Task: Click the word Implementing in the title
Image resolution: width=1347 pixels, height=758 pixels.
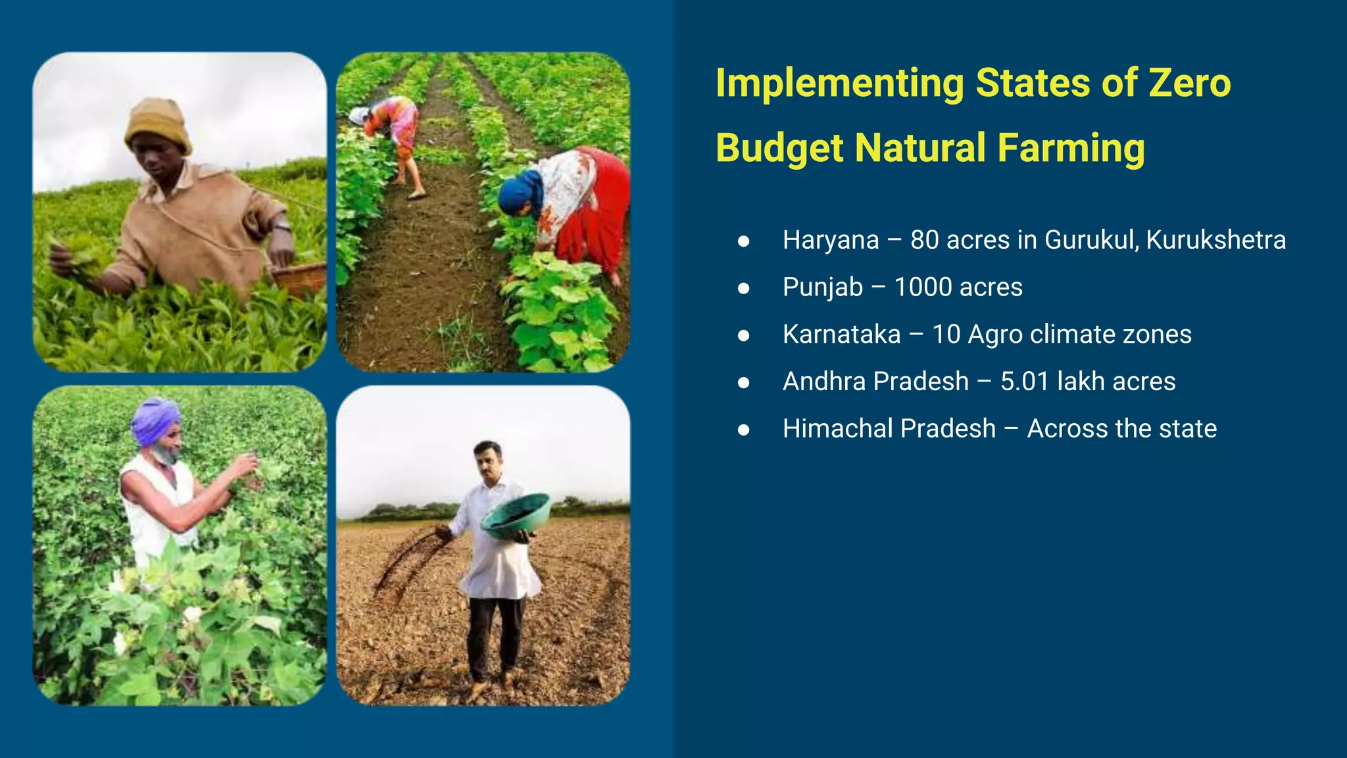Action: click(x=839, y=84)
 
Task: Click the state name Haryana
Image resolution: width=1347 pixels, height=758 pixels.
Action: click(x=830, y=240)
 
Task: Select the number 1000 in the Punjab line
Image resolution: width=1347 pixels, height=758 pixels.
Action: click(x=923, y=288)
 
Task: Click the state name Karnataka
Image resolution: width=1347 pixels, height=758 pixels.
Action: click(x=841, y=334)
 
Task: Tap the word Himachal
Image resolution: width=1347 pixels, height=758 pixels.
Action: click(x=837, y=428)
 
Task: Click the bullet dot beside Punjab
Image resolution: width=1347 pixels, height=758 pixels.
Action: click(x=744, y=288)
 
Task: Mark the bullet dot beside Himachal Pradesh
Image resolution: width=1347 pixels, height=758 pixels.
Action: click(x=744, y=430)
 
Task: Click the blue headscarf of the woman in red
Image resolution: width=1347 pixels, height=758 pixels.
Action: click(x=520, y=191)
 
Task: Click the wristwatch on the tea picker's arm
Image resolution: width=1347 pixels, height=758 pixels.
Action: click(x=282, y=227)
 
